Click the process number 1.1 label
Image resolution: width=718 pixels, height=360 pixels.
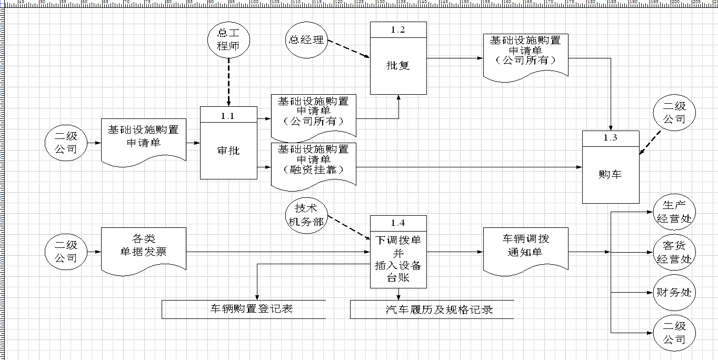(227, 116)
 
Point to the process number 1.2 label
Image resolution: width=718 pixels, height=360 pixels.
(398, 30)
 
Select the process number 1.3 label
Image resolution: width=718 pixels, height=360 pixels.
(610, 138)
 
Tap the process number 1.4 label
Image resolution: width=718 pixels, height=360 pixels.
(398, 223)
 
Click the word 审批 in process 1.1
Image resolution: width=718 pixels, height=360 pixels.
(228, 151)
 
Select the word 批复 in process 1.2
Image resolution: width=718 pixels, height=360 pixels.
(398, 65)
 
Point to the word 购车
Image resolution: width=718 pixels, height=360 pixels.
(610, 174)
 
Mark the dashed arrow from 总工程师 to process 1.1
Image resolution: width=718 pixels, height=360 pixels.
(228, 82)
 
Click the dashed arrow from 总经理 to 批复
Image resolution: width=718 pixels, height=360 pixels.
(349, 49)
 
